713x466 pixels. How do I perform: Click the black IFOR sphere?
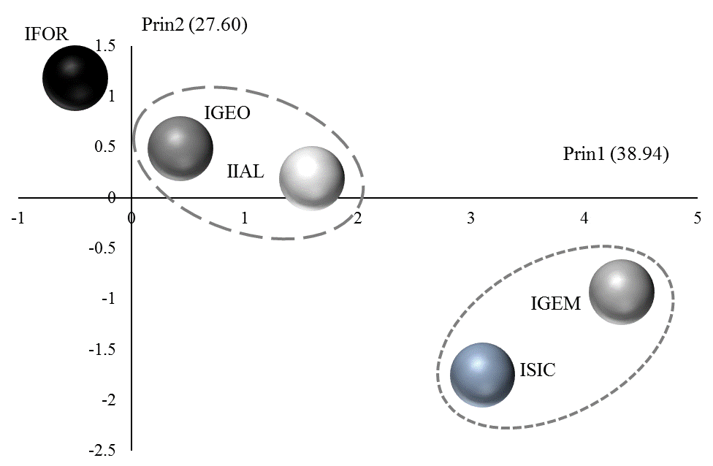(x=75, y=77)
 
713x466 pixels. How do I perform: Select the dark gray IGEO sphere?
(x=180, y=148)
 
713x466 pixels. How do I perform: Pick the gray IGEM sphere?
(x=621, y=291)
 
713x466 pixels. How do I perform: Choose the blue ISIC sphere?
(x=482, y=375)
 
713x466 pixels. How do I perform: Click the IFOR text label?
(x=46, y=34)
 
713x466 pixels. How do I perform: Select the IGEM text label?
(x=555, y=304)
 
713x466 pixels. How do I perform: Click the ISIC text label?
(x=538, y=370)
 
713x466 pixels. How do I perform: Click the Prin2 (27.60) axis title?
(x=194, y=26)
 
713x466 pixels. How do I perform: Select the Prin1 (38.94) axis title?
(x=616, y=154)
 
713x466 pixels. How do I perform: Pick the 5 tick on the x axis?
(x=697, y=218)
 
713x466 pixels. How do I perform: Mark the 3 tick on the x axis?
(x=471, y=218)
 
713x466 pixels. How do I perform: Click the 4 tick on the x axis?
(x=584, y=218)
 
